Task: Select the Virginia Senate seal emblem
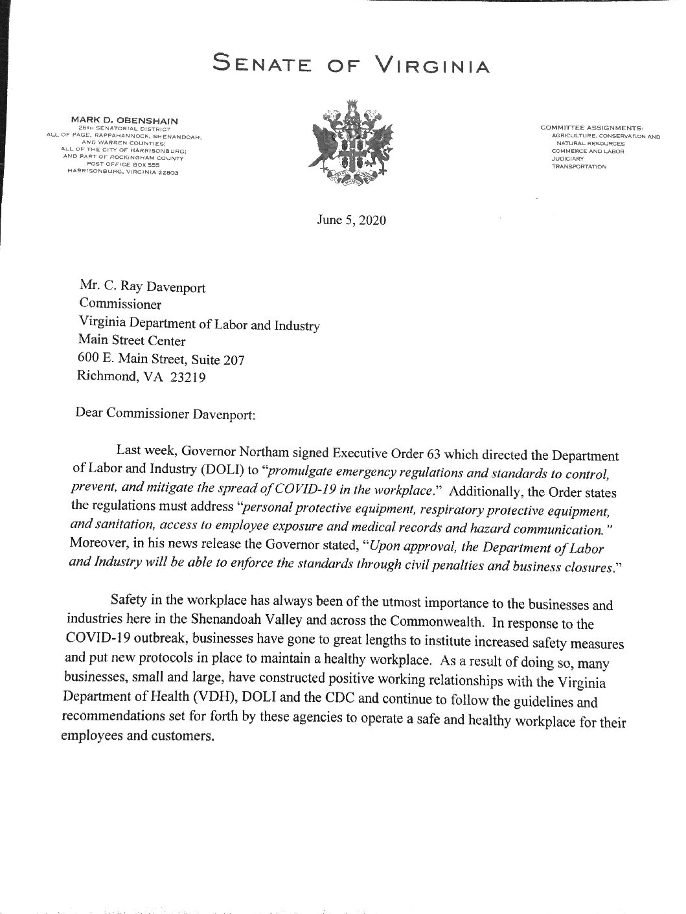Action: coord(350,144)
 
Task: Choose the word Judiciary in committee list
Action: coord(567,159)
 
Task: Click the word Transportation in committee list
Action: coord(578,166)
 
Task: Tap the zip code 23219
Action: coord(187,378)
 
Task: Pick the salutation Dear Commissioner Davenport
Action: coord(166,413)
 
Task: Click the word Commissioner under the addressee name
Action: coord(120,304)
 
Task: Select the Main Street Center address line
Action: coord(131,341)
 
